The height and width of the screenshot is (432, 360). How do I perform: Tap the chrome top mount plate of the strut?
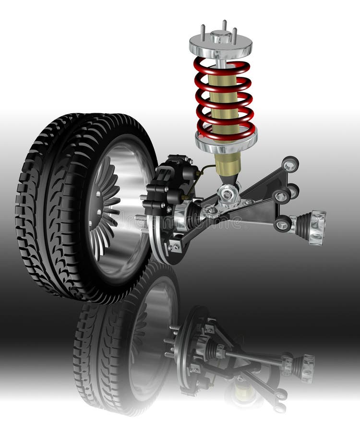(220, 46)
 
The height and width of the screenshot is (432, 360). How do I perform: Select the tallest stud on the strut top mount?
(224, 25)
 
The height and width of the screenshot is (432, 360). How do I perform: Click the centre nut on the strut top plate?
(221, 36)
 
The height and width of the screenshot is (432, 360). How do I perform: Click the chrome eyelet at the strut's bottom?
(228, 194)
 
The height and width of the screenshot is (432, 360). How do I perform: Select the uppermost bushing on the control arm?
(290, 164)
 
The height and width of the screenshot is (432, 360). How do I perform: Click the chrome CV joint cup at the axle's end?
(317, 227)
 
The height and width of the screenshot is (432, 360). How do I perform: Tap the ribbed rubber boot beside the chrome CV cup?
(303, 225)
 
